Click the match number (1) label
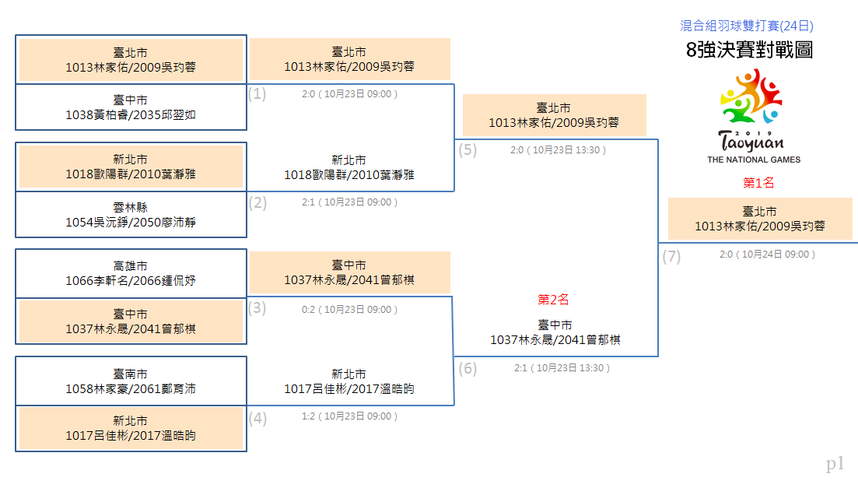[x=257, y=94]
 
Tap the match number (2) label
[x=257, y=203]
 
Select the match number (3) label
[x=257, y=308]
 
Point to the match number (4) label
[x=257, y=419]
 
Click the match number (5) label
[x=468, y=150]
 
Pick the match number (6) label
[x=468, y=368]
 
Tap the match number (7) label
[x=671, y=257]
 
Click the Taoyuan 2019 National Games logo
[x=753, y=116]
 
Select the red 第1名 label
[x=758, y=183]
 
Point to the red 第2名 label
[x=553, y=300]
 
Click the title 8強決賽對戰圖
[x=749, y=50]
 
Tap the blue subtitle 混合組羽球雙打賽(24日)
[x=746, y=26]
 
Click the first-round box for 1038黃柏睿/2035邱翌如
[x=131, y=107]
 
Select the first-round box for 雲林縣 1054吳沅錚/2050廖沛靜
[x=131, y=215]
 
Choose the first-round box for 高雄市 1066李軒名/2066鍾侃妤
[x=131, y=274]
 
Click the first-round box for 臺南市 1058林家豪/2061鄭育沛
[x=131, y=381]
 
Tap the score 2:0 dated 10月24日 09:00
[x=767, y=255]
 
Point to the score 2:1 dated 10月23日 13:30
[x=562, y=368]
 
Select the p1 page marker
[x=835, y=464]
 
